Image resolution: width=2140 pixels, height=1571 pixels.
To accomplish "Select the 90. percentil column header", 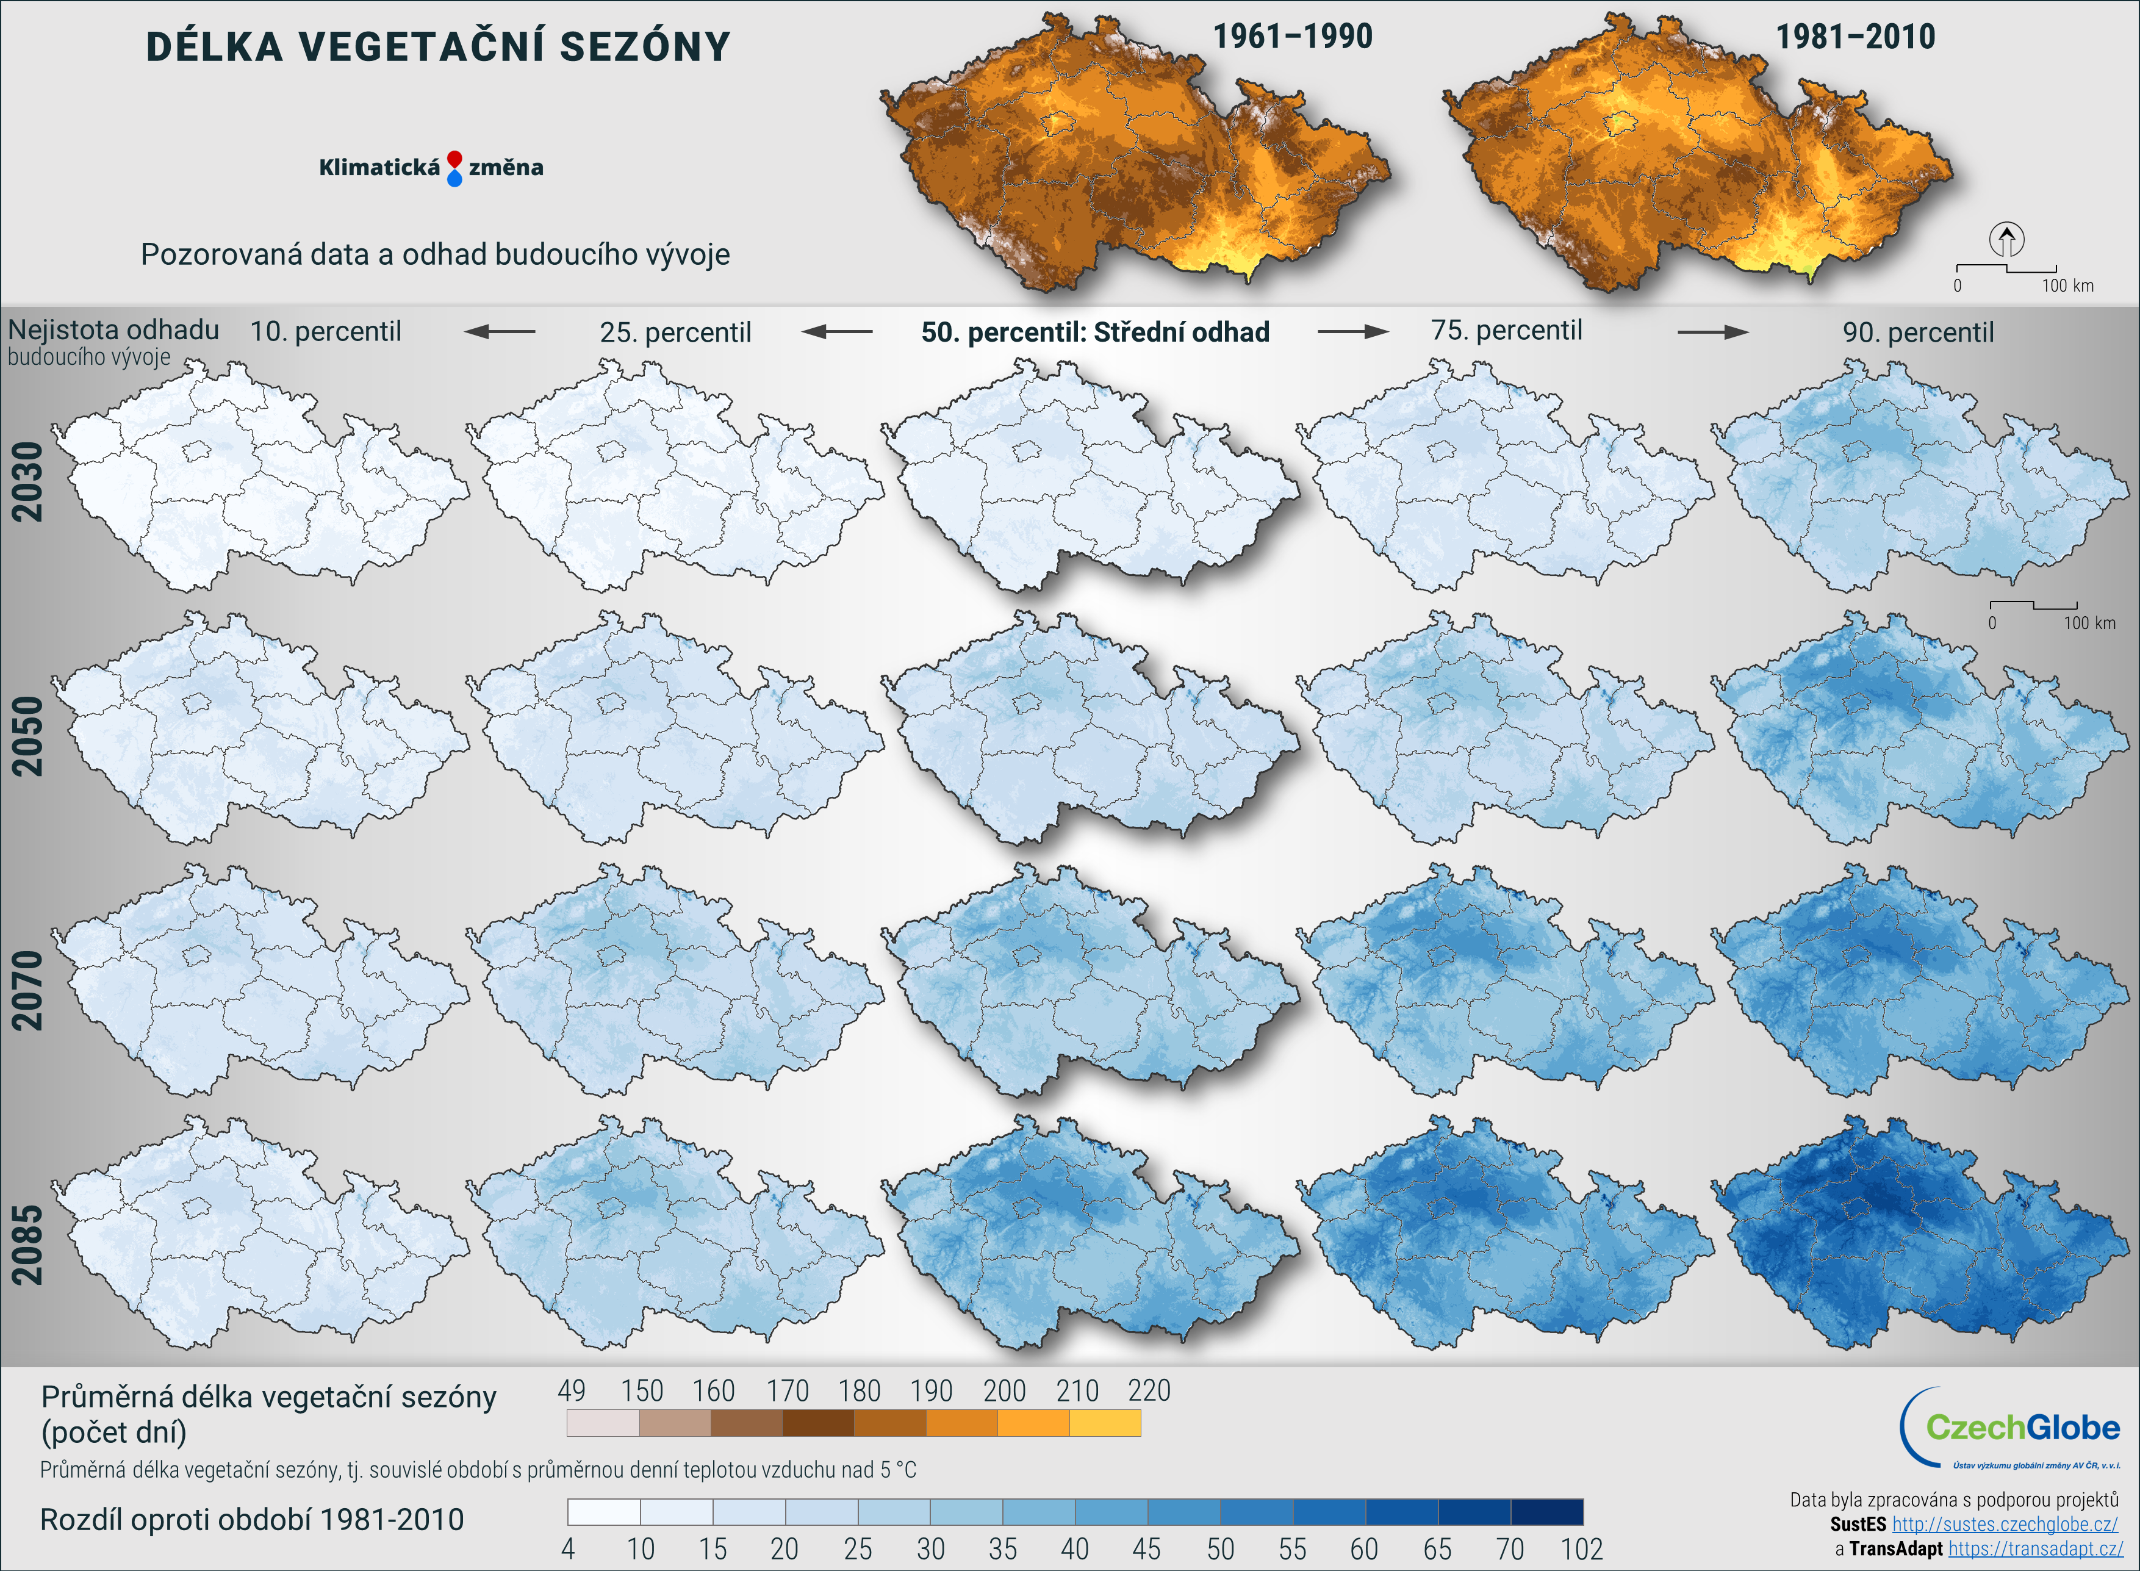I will pyautogui.click(x=1917, y=332).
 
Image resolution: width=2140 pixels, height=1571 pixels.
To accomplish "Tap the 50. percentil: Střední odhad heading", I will pyautogui.click(x=1095, y=332).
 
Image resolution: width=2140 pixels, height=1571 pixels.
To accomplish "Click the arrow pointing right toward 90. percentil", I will pyautogui.click(x=1712, y=332).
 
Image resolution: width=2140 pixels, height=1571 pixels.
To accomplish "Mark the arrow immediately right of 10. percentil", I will pyautogui.click(x=500, y=332).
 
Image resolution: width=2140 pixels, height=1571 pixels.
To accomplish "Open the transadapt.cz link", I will pyautogui.click(x=2034, y=1549).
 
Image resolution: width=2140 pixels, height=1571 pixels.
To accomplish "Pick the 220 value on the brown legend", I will pyautogui.click(x=1149, y=1391).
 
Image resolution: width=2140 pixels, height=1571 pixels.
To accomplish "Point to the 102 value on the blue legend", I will pyautogui.click(x=1581, y=1549).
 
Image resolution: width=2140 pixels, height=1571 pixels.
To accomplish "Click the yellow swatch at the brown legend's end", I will pyautogui.click(x=1105, y=1423).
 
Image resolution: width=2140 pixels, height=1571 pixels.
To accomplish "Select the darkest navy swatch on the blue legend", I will pyautogui.click(x=1547, y=1512).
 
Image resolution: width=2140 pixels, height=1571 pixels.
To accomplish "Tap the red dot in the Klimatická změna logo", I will pyautogui.click(x=454, y=158).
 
